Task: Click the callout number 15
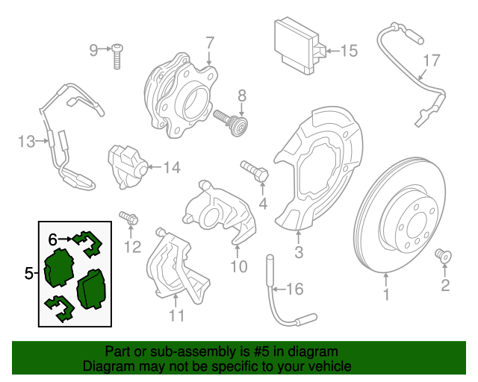point(349,51)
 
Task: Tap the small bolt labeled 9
point(118,57)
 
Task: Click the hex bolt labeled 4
point(254,171)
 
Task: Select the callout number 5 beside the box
point(28,274)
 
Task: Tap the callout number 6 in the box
point(52,239)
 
